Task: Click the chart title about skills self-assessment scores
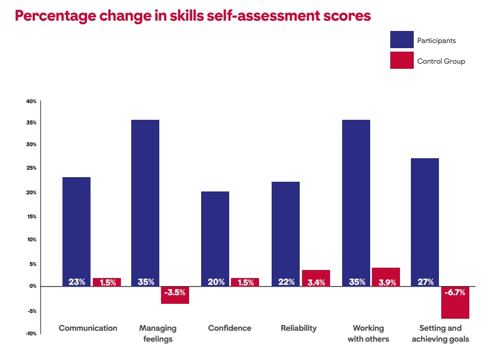pyautogui.click(x=193, y=15)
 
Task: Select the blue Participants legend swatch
pyautogui.click(x=402, y=40)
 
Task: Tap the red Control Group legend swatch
pyautogui.click(x=402, y=61)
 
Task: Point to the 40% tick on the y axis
pyautogui.click(x=31, y=101)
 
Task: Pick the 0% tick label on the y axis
pyautogui.click(x=32, y=286)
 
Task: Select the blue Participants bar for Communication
pyautogui.click(x=76, y=229)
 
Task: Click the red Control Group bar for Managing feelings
pyautogui.click(x=175, y=295)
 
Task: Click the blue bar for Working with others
pyautogui.click(x=356, y=201)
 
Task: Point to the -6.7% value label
pyautogui.click(x=456, y=292)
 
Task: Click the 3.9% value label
pyautogui.click(x=386, y=281)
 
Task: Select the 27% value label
pyautogui.click(x=426, y=281)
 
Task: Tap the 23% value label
pyautogui.click(x=77, y=281)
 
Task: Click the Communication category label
pyautogui.click(x=88, y=328)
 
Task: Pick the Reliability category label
pyautogui.click(x=299, y=328)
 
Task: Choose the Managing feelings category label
pyautogui.click(x=158, y=334)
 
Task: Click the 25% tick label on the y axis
pyautogui.click(x=31, y=169)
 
